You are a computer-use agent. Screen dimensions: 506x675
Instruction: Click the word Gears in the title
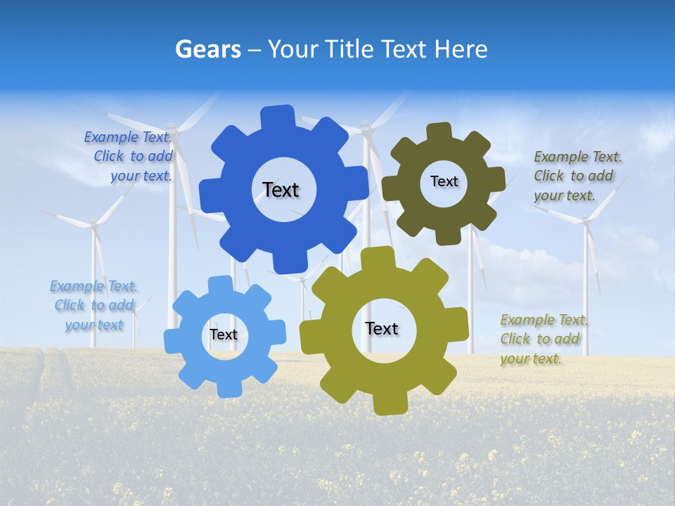pos(207,49)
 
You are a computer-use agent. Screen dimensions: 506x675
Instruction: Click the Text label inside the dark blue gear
pos(281,190)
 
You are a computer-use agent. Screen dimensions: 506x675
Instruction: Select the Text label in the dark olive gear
pos(444,181)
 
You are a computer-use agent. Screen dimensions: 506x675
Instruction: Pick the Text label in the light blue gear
pos(224,335)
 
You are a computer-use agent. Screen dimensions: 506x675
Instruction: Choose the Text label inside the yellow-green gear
pos(382,328)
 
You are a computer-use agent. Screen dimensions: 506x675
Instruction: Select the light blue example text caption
pos(94,305)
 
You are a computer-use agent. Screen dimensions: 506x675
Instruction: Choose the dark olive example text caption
pos(576,176)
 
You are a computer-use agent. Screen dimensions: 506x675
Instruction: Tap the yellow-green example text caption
pos(542,339)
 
